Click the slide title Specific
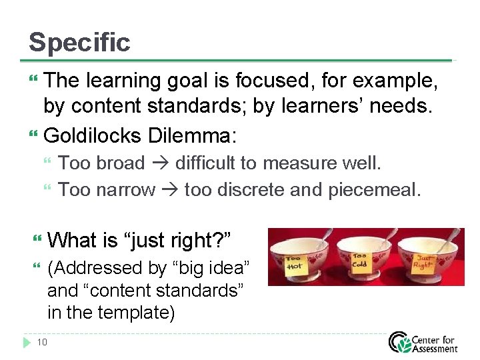(x=79, y=43)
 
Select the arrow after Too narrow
(x=169, y=191)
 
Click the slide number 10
(x=42, y=343)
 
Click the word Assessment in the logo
(x=435, y=347)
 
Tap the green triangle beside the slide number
(x=27, y=343)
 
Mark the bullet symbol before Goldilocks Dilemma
(x=34, y=136)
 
